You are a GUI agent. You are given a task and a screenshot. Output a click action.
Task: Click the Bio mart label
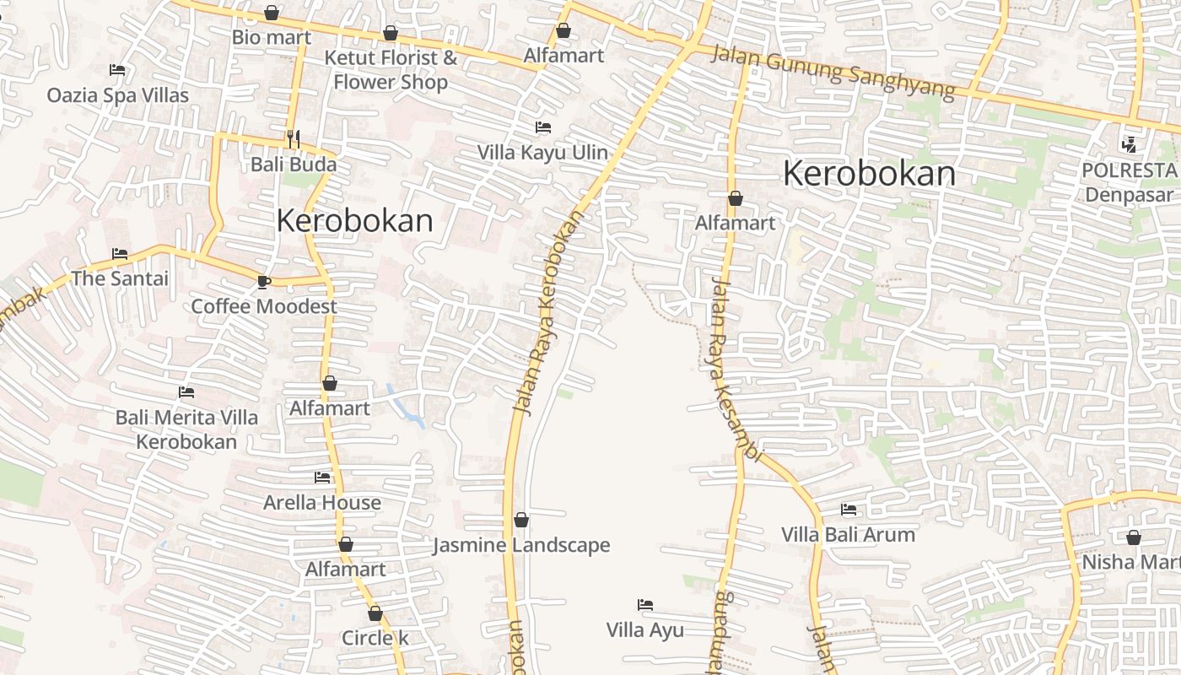pyautogui.click(x=272, y=38)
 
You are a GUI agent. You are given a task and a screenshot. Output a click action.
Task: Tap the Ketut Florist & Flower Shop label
pyautogui.click(x=391, y=70)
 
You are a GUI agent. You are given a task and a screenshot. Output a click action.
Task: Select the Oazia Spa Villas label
pyautogui.click(x=118, y=95)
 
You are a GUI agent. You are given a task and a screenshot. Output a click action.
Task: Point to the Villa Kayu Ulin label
pyautogui.click(x=542, y=153)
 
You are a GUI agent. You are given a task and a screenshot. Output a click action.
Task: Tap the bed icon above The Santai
pyautogui.click(x=120, y=253)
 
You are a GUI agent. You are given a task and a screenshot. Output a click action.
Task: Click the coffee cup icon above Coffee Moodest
pyautogui.click(x=263, y=281)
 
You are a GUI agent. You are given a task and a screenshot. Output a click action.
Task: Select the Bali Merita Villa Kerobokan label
pyautogui.click(x=186, y=429)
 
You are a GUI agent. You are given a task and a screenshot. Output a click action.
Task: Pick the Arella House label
pyautogui.click(x=322, y=503)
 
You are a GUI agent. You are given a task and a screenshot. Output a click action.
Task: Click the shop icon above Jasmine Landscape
pyautogui.click(x=521, y=520)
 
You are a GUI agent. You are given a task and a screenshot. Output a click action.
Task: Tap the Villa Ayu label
pyautogui.click(x=645, y=630)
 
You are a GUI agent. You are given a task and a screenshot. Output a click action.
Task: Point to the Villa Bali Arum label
pyautogui.click(x=848, y=535)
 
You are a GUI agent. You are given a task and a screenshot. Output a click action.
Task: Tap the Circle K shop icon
pyautogui.click(x=375, y=613)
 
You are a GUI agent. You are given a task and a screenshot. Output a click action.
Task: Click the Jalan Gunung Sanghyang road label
pyautogui.click(x=833, y=72)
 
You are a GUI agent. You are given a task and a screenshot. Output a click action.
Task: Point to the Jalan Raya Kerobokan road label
pyautogui.click(x=550, y=312)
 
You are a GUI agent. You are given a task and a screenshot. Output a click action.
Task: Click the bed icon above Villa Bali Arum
pyautogui.click(x=849, y=510)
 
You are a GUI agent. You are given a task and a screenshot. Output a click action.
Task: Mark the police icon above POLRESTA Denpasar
pyautogui.click(x=1129, y=145)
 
